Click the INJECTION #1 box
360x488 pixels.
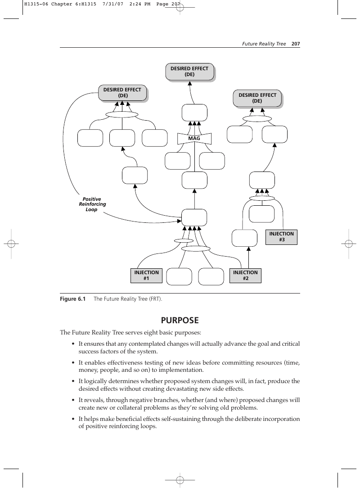click(146, 276)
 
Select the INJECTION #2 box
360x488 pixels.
click(245, 276)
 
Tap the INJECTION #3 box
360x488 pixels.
click(281, 237)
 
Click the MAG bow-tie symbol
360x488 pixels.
click(194, 139)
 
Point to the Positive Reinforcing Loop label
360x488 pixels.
click(92, 204)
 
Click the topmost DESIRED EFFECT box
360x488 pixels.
click(189, 72)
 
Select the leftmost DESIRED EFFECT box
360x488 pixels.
click(122, 93)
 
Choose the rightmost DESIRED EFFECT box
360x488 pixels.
click(257, 98)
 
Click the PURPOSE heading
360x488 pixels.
click(180, 320)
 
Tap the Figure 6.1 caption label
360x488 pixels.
click(72, 299)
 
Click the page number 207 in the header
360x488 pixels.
click(296, 44)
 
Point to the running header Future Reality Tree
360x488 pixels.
click(264, 44)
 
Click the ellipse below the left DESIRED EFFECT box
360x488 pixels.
click(121, 115)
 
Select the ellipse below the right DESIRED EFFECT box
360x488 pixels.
click(257, 118)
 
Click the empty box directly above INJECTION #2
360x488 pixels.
click(244, 238)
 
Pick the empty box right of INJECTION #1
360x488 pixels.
click(179, 276)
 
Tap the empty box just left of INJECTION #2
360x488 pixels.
click(211, 276)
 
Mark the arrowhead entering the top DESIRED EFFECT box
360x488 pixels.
click(189, 83)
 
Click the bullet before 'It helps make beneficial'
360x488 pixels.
click(73, 419)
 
